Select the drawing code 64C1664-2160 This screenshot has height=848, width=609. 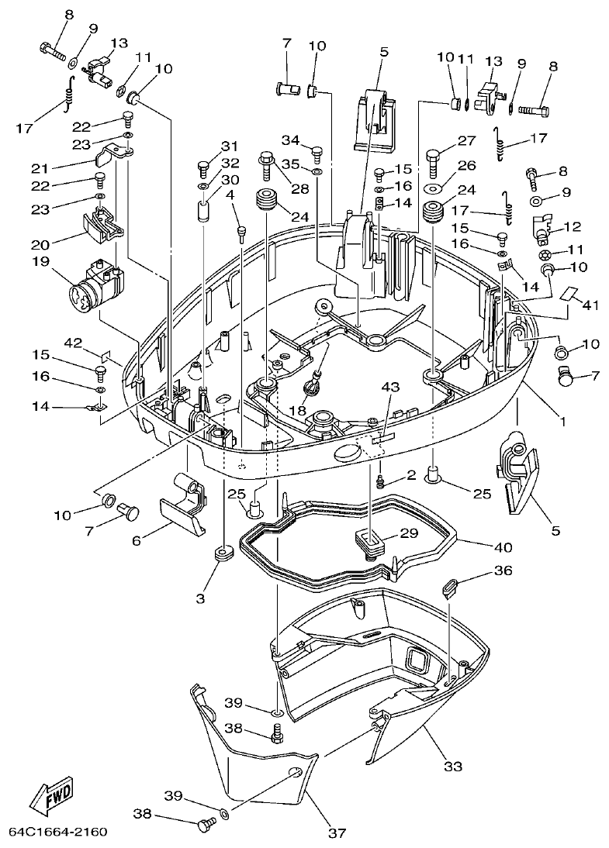[57, 832]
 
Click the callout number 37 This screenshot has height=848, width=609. [335, 833]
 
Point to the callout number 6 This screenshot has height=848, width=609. [137, 541]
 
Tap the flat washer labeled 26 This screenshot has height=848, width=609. [432, 188]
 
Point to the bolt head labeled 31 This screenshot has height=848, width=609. [204, 166]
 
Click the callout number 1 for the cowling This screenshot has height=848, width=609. [563, 422]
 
